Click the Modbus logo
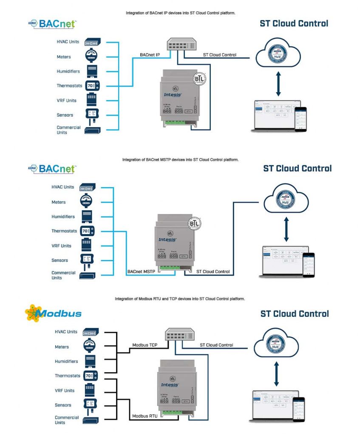point(53,313)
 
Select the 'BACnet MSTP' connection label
point(142,271)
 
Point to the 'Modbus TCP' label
point(145,345)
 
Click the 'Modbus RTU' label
point(145,416)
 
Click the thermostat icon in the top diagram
point(92,86)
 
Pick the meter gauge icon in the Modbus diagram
point(89,346)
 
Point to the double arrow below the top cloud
point(278,84)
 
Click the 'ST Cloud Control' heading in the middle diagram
point(297,168)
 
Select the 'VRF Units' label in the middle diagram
point(61,246)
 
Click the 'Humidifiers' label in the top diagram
point(68,71)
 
